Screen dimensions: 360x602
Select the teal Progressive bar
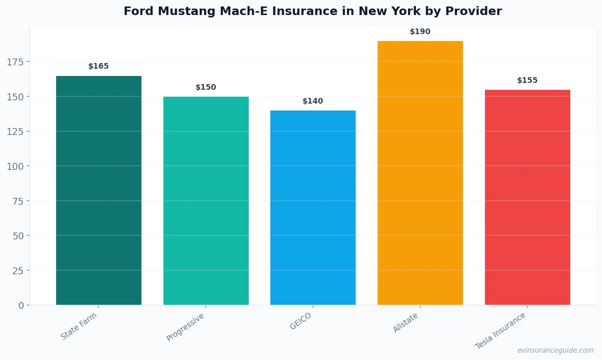coord(206,201)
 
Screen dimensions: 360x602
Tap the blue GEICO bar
coord(313,208)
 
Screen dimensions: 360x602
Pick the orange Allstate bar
coord(420,173)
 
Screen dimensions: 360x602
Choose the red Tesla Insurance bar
coord(527,197)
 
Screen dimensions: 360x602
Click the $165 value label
coord(99,66)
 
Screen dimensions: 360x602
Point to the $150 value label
coord(206,87)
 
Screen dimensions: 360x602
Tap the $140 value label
coord(313,101)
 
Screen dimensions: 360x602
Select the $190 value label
coord(420,32)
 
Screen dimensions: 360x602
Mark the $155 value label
coord(527,80)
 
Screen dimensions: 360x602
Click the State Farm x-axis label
coord(79,326)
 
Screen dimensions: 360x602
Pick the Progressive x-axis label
coord(185,327)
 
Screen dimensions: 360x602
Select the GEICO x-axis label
coord(301,321)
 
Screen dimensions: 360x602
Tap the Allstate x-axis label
coord(406,323)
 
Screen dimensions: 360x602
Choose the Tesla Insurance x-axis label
coord(500,331)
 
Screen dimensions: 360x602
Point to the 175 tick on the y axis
coord(15,62)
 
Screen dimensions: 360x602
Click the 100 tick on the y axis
coord(15,166)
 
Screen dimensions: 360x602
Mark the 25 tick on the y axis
coord(18,271)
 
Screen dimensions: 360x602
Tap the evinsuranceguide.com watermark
coord(555,350)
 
